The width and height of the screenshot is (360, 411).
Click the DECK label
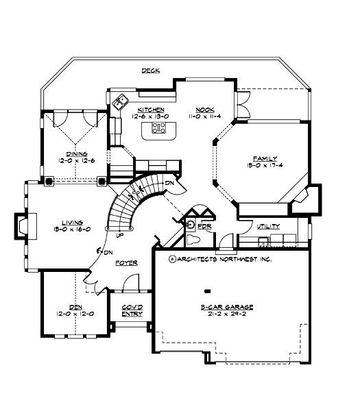tap(151, 71)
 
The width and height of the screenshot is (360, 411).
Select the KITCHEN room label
tap(149, 109)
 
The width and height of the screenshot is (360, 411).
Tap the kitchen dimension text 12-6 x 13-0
tap(149, 116)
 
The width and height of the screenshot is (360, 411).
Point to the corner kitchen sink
tap(121, 102)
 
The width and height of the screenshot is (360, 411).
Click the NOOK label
tap(204, 109)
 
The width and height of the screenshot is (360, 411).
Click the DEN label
tap(75, 306)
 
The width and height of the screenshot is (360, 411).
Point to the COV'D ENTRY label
tap(132, 310)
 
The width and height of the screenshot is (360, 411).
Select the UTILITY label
tap(268, 225)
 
